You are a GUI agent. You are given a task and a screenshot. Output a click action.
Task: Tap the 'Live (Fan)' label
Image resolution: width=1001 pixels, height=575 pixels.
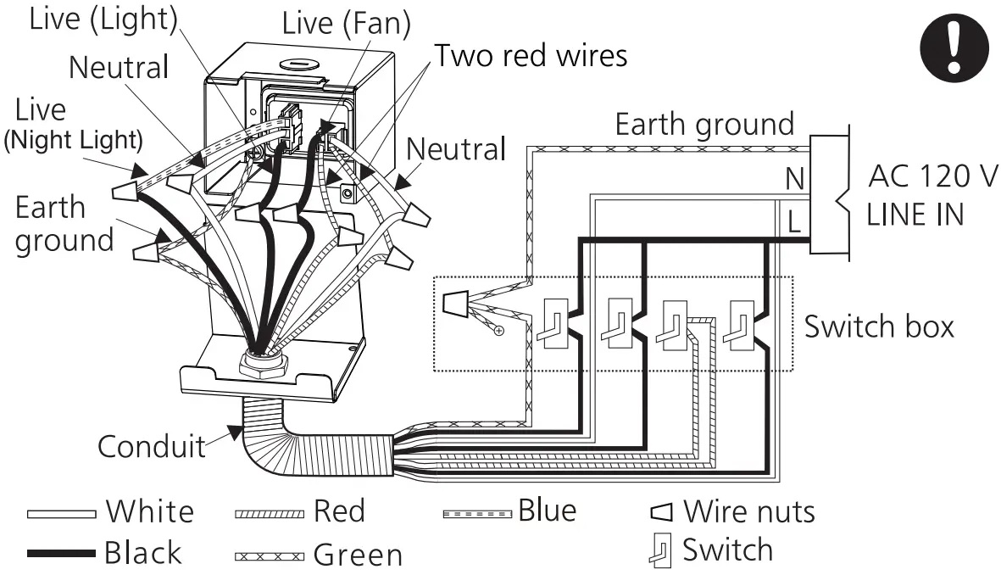[346, 23]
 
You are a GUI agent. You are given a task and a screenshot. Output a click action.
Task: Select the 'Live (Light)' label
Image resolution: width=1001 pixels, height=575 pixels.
[103, 20]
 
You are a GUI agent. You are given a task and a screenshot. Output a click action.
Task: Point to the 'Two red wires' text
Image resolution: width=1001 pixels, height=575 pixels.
[531, 56]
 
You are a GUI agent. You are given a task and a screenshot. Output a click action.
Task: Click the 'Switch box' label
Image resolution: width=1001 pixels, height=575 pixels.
[878, 326]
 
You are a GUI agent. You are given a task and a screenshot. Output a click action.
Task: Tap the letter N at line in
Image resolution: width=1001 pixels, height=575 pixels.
[794, 179]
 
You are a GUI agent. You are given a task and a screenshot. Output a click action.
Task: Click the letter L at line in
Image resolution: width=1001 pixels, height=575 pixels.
[794, 222]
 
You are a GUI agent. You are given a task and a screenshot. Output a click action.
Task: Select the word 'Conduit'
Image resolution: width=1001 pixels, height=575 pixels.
[151, 445]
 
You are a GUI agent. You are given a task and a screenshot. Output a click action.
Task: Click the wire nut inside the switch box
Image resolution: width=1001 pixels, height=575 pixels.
[454, 300]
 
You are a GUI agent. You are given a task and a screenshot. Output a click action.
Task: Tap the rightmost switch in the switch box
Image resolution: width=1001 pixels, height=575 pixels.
[739, 323]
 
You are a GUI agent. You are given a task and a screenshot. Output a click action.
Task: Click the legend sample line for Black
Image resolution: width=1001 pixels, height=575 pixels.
[60, 554]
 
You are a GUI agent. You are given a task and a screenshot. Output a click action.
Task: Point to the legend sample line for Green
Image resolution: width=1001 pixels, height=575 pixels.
[267, 557]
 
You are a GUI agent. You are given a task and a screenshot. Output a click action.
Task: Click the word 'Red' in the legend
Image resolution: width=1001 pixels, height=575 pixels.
[339, 511]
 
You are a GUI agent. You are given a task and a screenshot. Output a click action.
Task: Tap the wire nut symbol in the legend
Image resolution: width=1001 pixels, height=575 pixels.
[661, 512]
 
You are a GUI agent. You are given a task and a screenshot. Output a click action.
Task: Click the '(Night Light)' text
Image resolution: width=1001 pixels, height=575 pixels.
[73, 140]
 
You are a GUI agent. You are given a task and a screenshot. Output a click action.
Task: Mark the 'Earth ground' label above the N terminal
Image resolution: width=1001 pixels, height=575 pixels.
[704, 124]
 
